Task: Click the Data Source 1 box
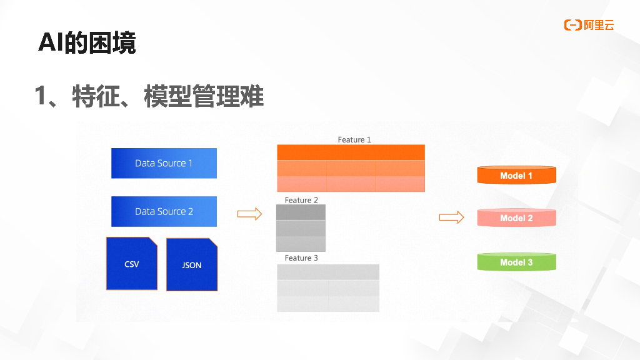(x=164, y=163)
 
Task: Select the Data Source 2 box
(x=164, y=211)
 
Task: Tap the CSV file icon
(x=131, y=264)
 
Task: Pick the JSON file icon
(x=192, y=265)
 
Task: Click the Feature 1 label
(x=354, y=139)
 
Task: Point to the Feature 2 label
(x=301, y=200)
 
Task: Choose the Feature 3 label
(x=301, y=257)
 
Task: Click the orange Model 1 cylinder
(x=516, y=175)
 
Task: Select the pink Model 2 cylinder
(x=516, y=217)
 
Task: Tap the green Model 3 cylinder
(x=516, y=262)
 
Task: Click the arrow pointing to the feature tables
(x=249, y=214)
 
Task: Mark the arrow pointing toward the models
(x=451, y=217)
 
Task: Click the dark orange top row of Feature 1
(x=351, y=152)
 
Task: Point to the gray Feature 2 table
(x=301, y=228)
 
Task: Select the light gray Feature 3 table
(x=328, y=287)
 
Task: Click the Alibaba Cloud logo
(x=589, y=25)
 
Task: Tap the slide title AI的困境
(x=87, y=42)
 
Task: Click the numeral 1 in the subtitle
(x=41, y=97)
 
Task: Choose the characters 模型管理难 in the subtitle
(x=204, y=97)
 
